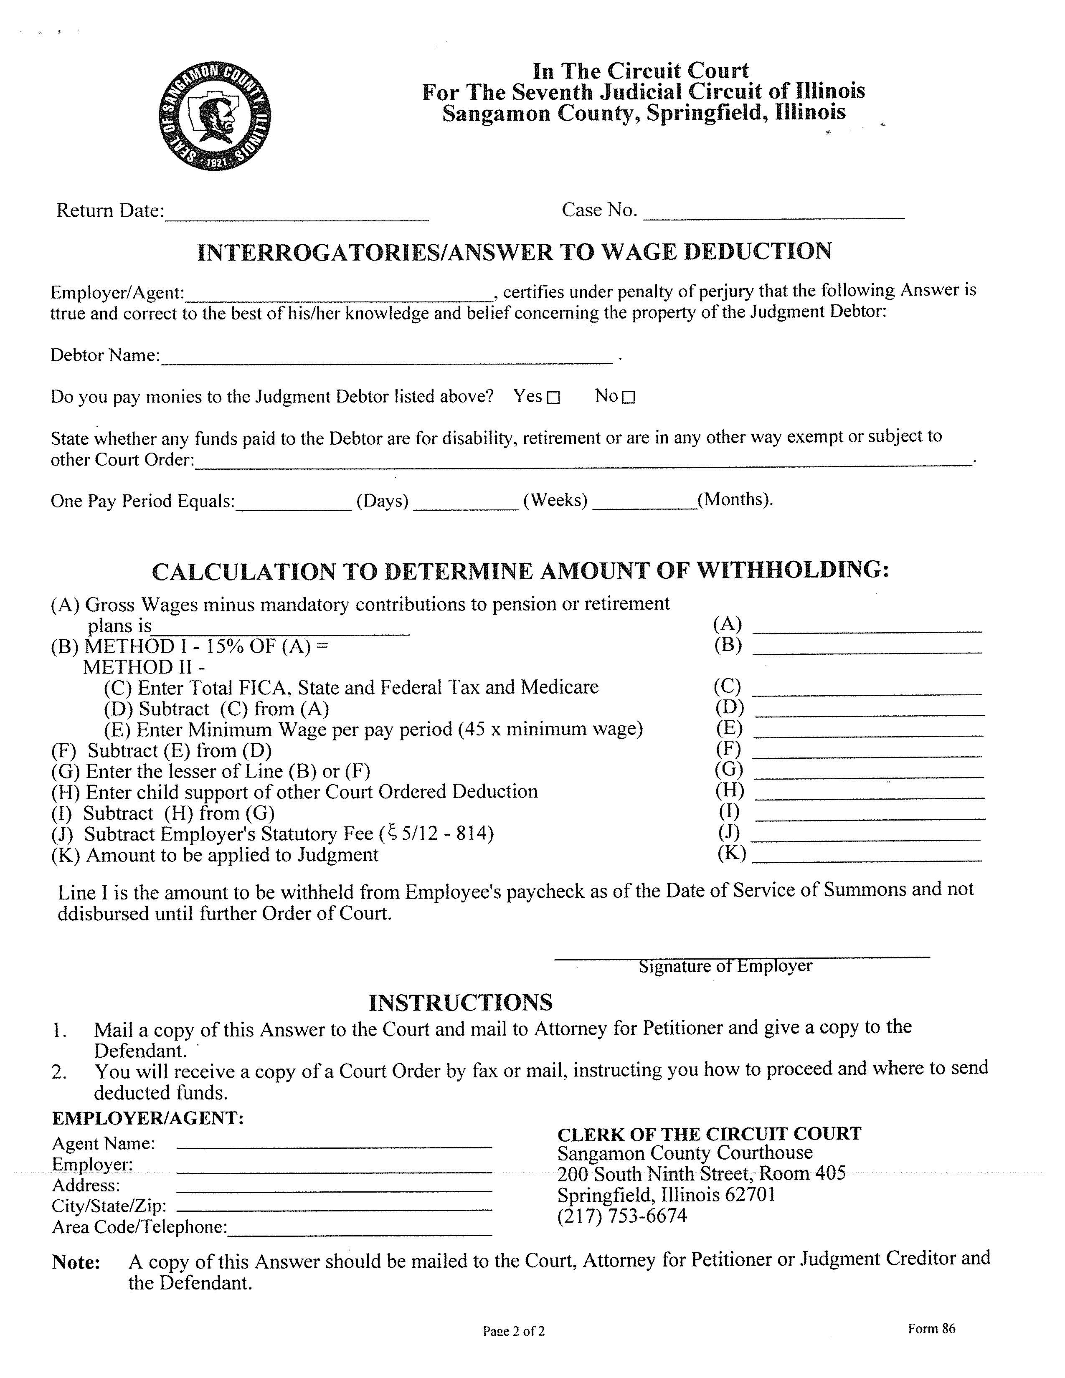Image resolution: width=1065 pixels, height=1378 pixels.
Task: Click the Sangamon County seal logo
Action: pos(215,116)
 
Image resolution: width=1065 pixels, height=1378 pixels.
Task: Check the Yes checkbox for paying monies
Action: pos(553,398)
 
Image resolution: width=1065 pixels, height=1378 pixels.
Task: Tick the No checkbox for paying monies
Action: pos(629,398)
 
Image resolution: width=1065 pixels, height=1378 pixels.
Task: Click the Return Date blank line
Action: pos(297,215)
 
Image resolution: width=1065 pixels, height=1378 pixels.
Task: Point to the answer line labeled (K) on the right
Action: pos(867,857)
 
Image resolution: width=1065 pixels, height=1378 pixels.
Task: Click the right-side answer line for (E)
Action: pos(868,732)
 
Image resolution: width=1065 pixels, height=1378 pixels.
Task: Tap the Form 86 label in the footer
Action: pos(931,1328)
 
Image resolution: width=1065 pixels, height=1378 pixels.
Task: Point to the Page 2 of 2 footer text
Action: pos(514,1331)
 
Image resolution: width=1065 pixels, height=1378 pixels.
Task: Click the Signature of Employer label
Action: pos(725,966)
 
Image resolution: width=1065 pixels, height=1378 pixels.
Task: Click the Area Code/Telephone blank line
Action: pos(360,1230)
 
